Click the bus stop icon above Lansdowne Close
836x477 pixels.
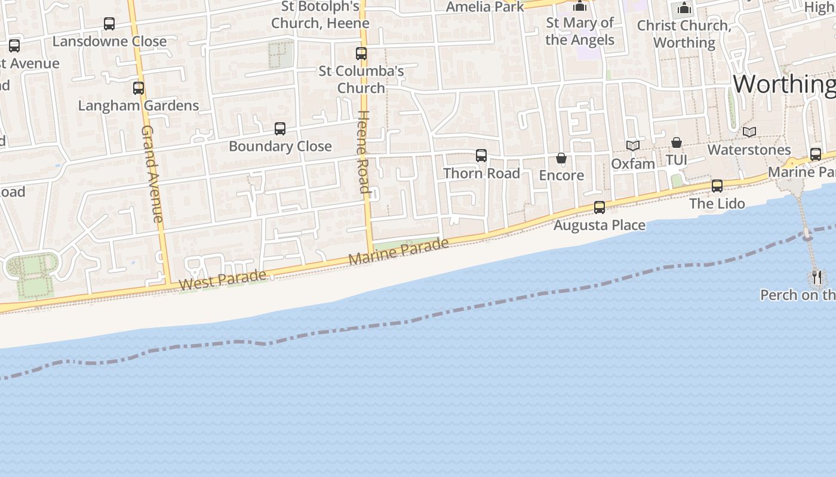point(109,24)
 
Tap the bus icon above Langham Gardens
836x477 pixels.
point(139,88)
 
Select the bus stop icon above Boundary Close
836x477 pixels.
point(280,129)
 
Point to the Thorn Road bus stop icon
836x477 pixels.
point(481,156)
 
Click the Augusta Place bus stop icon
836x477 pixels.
point(600,207)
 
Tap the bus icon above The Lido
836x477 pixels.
point(717,186)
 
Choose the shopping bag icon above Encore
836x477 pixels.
point(561,158)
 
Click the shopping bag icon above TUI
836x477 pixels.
point(677,143)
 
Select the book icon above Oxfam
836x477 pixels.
point(633,145)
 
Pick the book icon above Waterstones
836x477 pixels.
point(749,132)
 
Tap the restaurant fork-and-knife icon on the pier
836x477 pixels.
point(817,277)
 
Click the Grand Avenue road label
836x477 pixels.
point(152,174)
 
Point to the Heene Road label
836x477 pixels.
point(363,152)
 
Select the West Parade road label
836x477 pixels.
point(222,280)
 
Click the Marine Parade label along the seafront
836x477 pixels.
point(398,251)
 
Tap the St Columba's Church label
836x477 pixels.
point(361,79)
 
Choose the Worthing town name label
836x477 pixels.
point(784,84)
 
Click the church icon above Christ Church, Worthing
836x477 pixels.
point(684,8)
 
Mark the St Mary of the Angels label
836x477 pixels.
point(580,31)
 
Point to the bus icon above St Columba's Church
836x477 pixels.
point(361,54)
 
